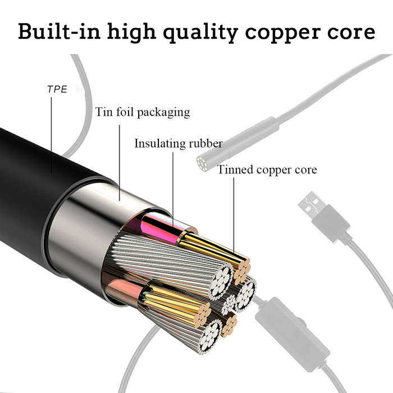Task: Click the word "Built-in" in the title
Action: click(60, 32)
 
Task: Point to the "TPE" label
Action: click(57, 89)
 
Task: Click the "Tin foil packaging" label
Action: click(143, 112)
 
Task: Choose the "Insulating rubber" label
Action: click(179, 144)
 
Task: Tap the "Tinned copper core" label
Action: click(267, 170)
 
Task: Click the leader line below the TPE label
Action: click(52, 135)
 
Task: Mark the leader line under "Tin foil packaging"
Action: click(120, 163)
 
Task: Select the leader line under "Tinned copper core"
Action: click(234, 215)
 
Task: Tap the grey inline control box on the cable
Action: click(292, 335)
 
